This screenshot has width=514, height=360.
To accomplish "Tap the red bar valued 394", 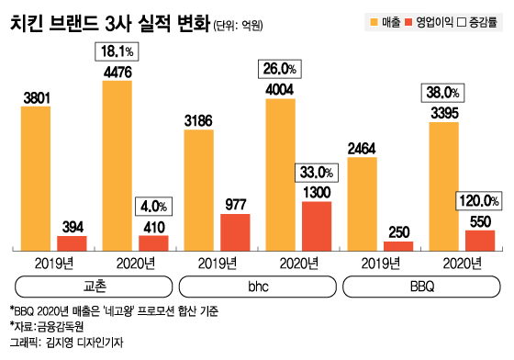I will (x=73, y=242).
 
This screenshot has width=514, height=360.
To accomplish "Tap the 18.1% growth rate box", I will (x=117, y=51).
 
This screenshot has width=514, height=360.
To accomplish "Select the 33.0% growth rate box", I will (x=317, y=172).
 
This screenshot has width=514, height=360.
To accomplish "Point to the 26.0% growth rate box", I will (x=280, y=67).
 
